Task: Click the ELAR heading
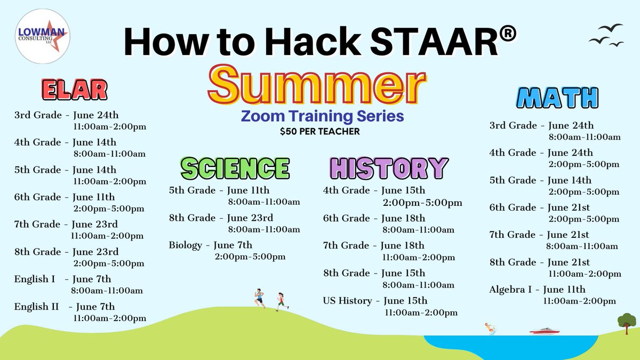pos(74,90)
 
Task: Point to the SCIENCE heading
pos(235,167)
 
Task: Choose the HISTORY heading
pos(388,167)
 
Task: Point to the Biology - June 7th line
pos(211,245)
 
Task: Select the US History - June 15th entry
pos(375,301)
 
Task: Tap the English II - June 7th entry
pos(65,307)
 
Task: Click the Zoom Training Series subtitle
pos(322,116)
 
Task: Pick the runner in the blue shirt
pos(259,298)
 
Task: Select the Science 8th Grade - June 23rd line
pos(221,218)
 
